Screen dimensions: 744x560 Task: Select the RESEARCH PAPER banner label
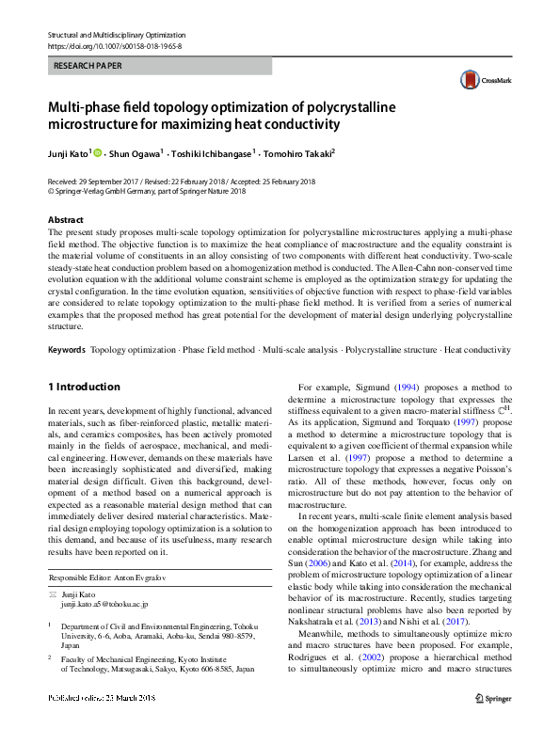coord(88,67)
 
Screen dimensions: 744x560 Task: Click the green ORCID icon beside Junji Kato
coord(97,151)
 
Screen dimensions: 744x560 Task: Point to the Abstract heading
coord(66,219)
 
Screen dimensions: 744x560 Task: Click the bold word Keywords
coord(67,349)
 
